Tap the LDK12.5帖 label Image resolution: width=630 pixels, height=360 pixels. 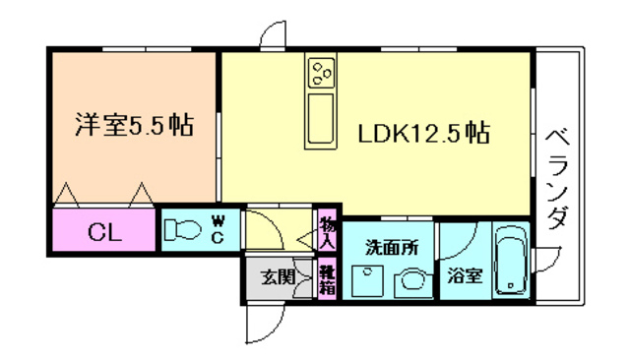coord(424,133)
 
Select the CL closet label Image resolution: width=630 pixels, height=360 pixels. coord(105,232)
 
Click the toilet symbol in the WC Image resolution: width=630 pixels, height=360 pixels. coord(183,229)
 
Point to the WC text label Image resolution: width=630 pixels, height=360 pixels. coord(218,229)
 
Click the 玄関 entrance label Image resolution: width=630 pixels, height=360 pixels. coord(279,276)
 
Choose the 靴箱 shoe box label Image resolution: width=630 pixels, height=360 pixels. coord(327,279)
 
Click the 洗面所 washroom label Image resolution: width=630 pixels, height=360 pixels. coord(392,248)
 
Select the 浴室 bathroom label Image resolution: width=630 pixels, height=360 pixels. coord(465,275)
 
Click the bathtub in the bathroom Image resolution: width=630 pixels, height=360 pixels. coord(511,262)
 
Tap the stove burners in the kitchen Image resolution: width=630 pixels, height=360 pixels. coord(322,73)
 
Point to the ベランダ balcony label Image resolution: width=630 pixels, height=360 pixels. coord(558,179)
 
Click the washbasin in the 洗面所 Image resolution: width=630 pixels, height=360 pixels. coord(412,283)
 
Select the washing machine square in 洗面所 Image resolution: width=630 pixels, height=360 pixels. coord(367,280)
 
